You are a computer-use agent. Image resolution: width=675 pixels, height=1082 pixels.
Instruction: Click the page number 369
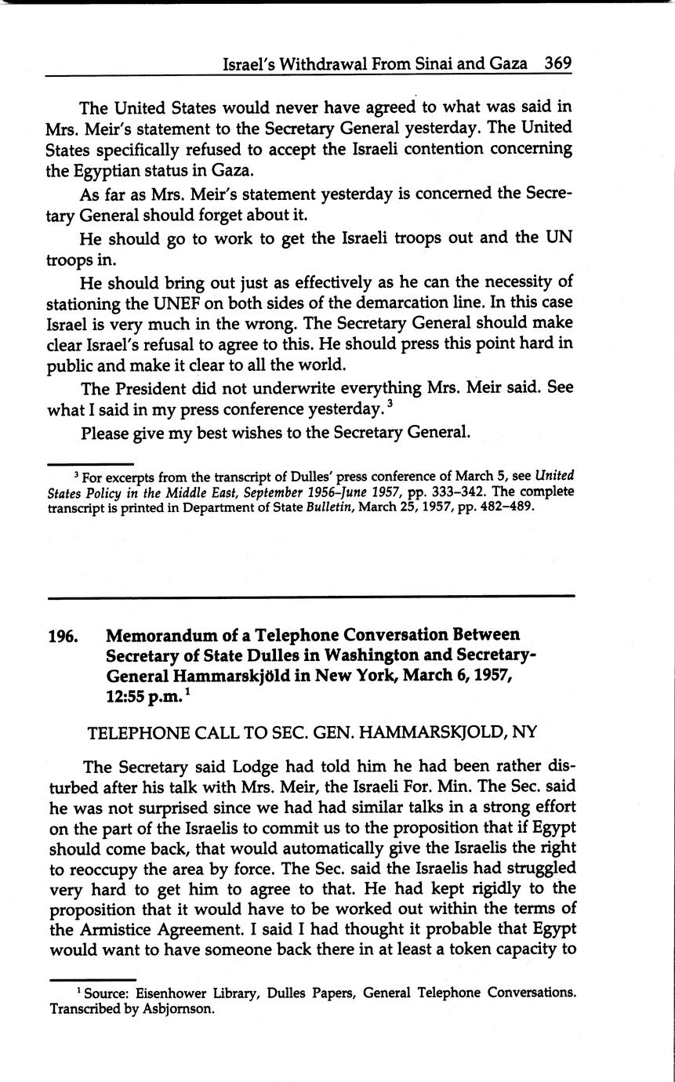click(x=557, y=64)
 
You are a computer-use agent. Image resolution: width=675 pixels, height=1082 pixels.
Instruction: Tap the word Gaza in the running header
click(x=507, y=64)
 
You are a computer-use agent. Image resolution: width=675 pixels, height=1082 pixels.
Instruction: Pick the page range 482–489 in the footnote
click(x=473, y=506)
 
